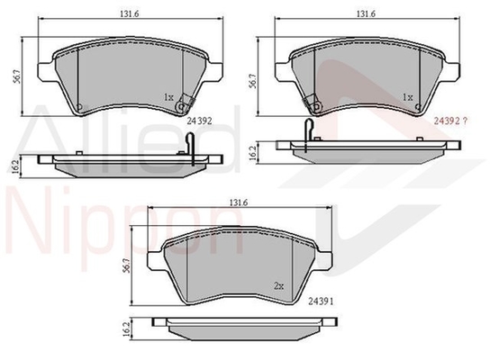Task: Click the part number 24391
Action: [x=321, y=301]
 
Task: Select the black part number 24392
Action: [x=199, y=121]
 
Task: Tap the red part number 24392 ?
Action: [x=450, y=121]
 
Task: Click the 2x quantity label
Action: [x=278, y=286]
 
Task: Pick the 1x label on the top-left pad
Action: [x=168, y=97]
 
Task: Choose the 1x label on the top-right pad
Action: [x=408, y=97]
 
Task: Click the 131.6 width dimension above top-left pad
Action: [x=129, y=13]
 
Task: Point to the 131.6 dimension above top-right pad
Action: [x=366, y=13]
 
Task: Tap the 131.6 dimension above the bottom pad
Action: [x=239, y=202]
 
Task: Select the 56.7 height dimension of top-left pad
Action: [x=17, y=76]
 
